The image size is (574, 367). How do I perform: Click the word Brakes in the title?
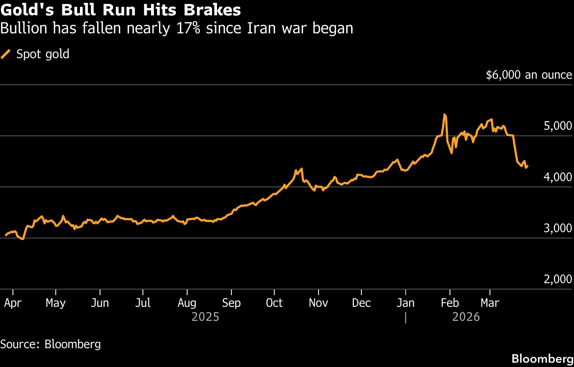[x=212, y=10]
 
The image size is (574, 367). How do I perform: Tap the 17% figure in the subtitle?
[x=188, y=29]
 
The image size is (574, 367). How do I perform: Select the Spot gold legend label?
[x=43, y=54]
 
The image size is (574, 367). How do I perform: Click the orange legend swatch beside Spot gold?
[x=6, y=54]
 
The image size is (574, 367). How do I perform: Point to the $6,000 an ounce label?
[x=529, y=75]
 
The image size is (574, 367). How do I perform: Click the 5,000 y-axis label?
[x=557, y=126]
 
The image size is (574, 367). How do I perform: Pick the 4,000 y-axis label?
[x=557, y=177]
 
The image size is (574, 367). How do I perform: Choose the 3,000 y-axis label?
[x=557, y=228]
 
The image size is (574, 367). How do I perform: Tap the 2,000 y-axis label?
[x=557, y=279]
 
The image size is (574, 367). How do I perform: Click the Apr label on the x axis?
[x=13, y=303]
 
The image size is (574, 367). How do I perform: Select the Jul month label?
[x=143, y=303]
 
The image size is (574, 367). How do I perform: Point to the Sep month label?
[x=231, y=303]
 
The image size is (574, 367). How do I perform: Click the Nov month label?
[x=318, y=303]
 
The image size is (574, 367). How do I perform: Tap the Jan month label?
[x=406, y=303]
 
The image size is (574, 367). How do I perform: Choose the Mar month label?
[x=490, y=303]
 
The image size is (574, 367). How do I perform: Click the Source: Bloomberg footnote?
[x=51, y=344]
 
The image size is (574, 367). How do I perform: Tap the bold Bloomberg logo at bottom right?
[x=542, y=359]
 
